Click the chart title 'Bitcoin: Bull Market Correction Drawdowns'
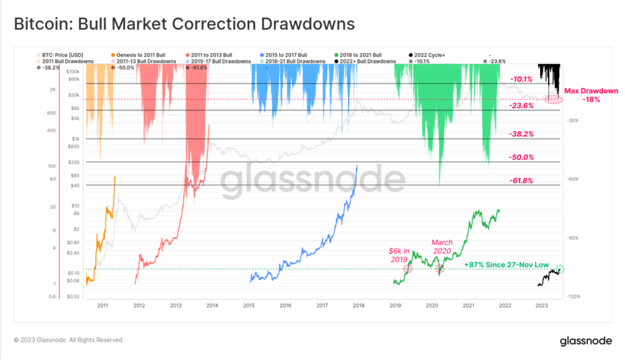pyautogui.click(x=184, y=24)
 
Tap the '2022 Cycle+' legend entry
pyautogui.click(x=432, y=54)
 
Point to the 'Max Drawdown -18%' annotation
pyautogui.click(x=590, y=95)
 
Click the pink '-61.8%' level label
pyautogui.click(x=521, y=181)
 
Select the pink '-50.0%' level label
pyautogui.click(x=521, y=157)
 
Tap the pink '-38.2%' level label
pyautogui.click(x=521, y=134)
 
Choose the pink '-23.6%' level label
pyautogui.click(x=521, y=106)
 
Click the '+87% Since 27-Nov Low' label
pyautogui.click(x=506, y=265)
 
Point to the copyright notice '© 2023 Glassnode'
pyautogui.click(x=68, y=340)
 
